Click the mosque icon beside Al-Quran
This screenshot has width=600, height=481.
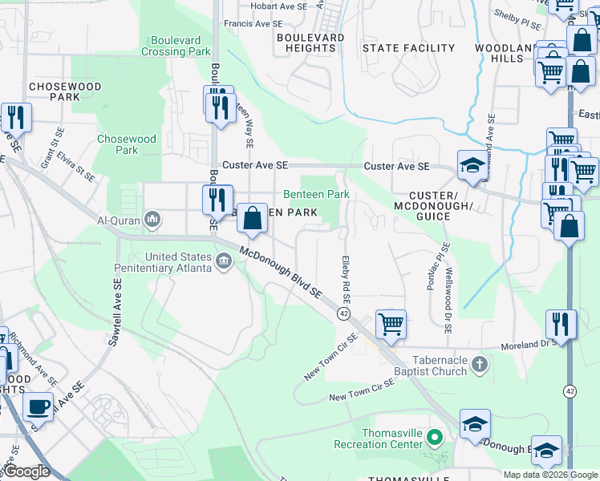coord(153,220)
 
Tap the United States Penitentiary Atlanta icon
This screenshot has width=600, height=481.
coord(224,257)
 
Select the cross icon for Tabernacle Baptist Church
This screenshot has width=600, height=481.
coord(479,366)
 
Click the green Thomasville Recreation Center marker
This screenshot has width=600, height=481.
coord(434,438)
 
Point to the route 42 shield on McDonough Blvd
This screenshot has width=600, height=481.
coord(343,313)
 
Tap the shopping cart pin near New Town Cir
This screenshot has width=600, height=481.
coord(391,325)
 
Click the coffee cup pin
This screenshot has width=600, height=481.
coord(39,406)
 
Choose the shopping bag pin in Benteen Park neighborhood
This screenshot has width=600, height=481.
coord(252,218)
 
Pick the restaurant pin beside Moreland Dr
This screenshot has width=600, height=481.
coord(561,325)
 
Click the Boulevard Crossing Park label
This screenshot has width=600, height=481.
coord(176,46)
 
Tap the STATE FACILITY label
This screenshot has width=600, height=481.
coord(408,48)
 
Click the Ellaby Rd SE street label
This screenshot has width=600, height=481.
coord(347,273)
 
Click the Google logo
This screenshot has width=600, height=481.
coord(28,472)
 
